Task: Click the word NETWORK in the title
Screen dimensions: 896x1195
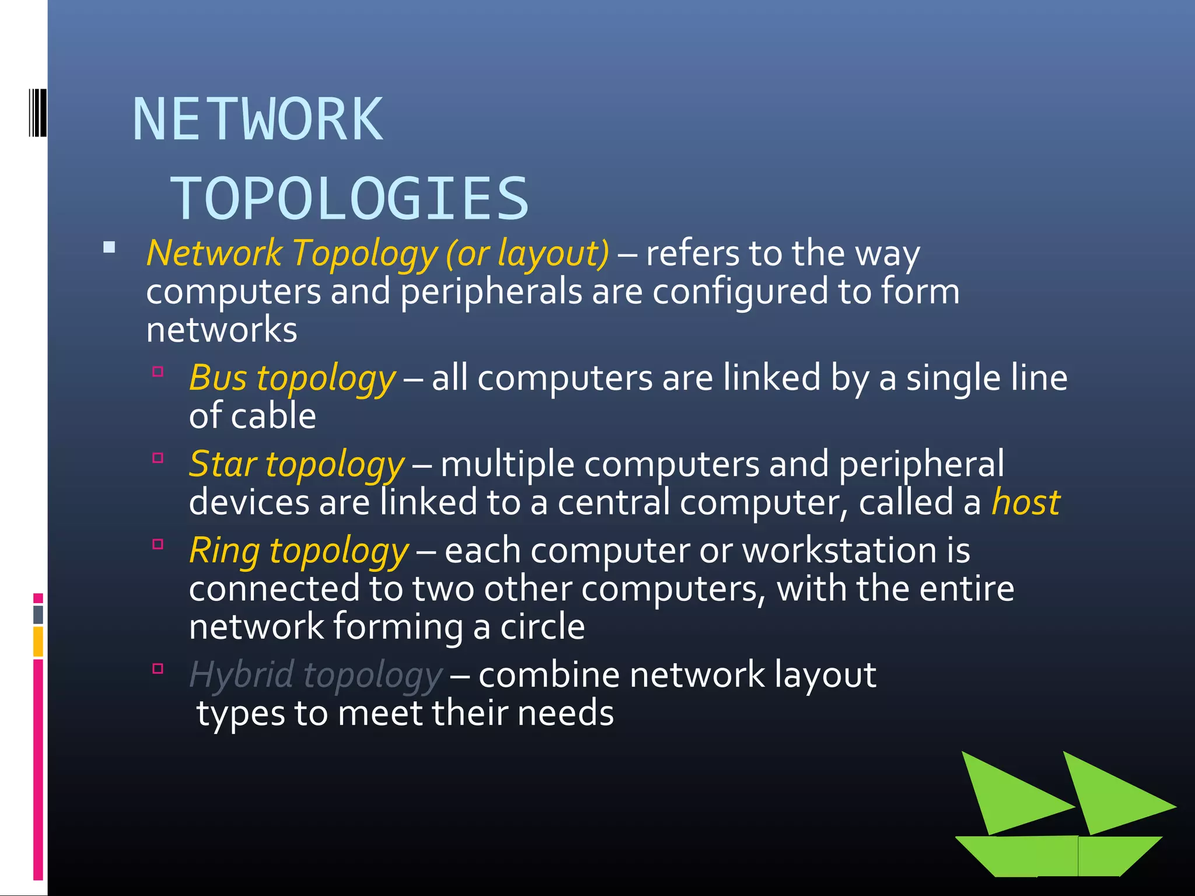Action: point(258,120)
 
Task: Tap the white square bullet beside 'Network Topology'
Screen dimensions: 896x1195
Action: point(109,248)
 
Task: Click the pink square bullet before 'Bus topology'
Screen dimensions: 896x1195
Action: point(158,372)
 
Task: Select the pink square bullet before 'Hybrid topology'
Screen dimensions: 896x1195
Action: point(158,668)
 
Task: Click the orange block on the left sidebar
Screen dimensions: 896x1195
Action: point(39,641)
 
